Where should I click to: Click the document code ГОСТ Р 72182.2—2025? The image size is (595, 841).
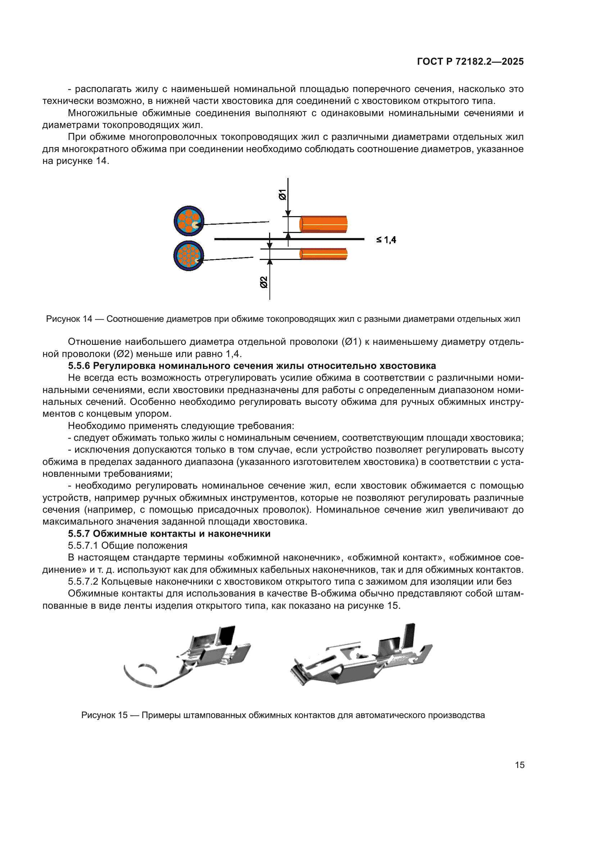[x=470, y=61]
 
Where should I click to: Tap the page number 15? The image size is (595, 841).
[x=519, y=765]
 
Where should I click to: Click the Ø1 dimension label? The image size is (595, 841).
[x=282, y=195]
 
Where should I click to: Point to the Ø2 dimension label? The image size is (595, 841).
[x=264, y=282]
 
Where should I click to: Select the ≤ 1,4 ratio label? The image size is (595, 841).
[x=386, y=240]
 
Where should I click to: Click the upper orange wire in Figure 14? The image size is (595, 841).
[x=323, y=224]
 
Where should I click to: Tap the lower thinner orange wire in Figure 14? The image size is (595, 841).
[x=323, y=254]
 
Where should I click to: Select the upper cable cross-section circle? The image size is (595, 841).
[x=189, y=221]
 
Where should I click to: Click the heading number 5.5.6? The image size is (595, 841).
[x=79, y=366]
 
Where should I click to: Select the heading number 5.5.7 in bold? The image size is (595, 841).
[x=79, y=534]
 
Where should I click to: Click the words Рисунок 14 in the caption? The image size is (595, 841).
[x=69, y=319]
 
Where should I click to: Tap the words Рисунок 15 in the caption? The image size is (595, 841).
[x=104, y=715]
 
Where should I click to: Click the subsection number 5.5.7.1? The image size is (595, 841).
[x=83, y=545]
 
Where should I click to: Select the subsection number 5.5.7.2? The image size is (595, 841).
[x=83, y=581]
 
